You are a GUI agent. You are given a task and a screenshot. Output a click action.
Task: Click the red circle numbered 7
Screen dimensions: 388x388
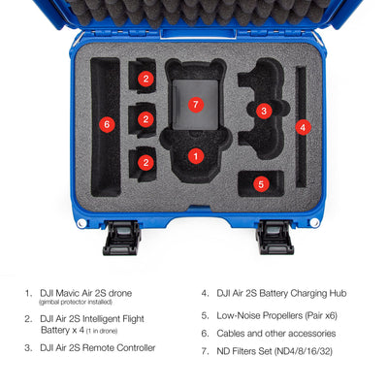195,105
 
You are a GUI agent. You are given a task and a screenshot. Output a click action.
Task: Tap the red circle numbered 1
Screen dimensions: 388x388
196,156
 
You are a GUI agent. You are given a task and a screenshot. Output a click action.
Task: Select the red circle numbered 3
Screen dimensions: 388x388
264,112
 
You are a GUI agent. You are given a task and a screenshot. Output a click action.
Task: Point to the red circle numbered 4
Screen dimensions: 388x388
303,128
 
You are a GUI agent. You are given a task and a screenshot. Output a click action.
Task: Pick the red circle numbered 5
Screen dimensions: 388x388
261,184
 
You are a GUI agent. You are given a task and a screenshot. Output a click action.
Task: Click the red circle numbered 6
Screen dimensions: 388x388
107,124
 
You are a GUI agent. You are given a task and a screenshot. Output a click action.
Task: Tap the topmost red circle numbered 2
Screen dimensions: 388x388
145,79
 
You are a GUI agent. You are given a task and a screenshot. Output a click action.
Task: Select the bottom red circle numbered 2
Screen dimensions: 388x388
145,162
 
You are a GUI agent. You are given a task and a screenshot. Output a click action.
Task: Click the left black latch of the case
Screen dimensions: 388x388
122,238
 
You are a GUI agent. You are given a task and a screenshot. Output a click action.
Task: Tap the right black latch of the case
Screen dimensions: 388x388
275,238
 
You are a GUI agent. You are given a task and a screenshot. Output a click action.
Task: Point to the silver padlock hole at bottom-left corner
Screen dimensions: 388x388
82,223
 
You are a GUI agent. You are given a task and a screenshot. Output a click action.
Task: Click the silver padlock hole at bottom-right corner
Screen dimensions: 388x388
314,222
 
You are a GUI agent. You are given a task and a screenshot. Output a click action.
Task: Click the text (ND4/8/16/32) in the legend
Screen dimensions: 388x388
304,351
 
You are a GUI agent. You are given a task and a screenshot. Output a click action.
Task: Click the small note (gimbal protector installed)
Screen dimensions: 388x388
76,302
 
